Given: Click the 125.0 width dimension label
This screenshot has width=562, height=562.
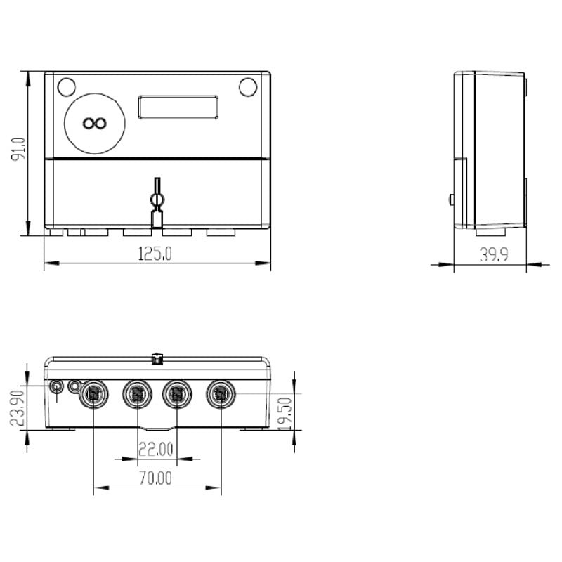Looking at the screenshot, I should pos(155,254).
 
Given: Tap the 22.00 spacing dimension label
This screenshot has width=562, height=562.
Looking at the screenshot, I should pos(155,448).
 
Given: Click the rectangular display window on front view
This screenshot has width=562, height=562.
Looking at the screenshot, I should pos(179,107).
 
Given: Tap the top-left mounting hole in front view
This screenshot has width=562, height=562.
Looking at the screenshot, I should pos(66,87).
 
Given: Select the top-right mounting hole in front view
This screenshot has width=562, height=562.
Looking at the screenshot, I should pos(248,87).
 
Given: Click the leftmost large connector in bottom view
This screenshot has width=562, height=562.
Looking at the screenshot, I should pos(93,394).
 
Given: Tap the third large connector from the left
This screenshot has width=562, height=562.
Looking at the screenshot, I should pos(176,394).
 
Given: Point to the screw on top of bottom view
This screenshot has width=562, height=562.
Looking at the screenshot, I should pos(157,360).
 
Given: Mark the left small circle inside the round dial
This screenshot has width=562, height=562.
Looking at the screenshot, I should pos(88,124).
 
